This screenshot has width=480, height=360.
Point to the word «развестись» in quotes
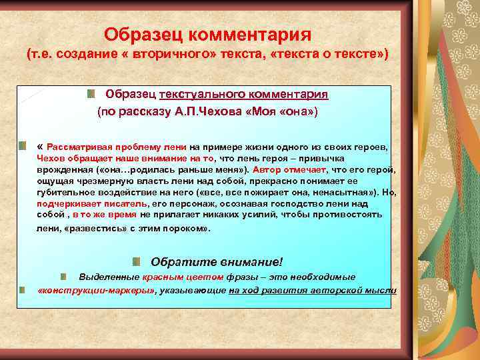[90, 229]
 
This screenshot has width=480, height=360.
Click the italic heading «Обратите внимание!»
[217, 261]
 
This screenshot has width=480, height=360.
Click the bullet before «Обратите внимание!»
[136, 261]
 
